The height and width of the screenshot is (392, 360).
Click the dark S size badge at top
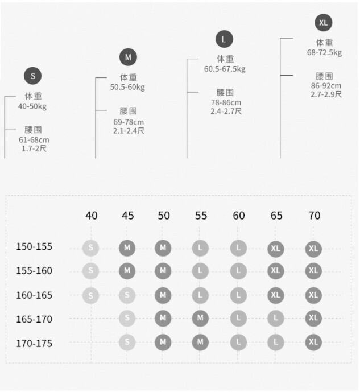pyautogui.click(x=32, y=76)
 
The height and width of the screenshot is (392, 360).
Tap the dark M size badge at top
pyautogui.click(x=128, y=57)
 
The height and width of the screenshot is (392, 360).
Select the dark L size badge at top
pyautogui.click(x=224, y=39)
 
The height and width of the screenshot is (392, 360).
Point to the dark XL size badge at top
pyautogui.click(x=324, y=23)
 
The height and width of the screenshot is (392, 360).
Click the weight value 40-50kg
pyautogui.click(x=32, y=106)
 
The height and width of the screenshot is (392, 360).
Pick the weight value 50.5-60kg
pyautogui.click(x=127, y=87)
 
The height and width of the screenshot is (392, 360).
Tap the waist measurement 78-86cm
pyautogui.click(x=226, y=102)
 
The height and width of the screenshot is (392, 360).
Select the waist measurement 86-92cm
pyautogui.click(x=326, y=86)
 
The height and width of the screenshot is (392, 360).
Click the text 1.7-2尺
pyautogui.click(x=34, y=148)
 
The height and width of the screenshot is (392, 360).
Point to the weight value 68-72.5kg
pyautogui.click(x=324, y=53)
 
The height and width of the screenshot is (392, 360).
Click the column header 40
pyautogui.click(x=91, y=216)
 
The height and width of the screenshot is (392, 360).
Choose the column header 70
pyautogui.click(x=314, y=216)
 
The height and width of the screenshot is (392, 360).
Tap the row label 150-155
pyautogui.click(x=34, y=247)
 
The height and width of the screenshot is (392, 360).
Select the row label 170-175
pyautogui.click(x=34, y=343)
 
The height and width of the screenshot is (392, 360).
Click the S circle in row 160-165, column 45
pyautogui.click(x=127, y=295)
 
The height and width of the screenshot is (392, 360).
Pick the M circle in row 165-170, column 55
pyautogui.click(x=200, y=319)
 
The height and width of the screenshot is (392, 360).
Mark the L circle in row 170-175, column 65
pyautogui.click(x=276, y=343)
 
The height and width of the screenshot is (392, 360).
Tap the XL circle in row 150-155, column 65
pyautogui.click(x=276, y=249)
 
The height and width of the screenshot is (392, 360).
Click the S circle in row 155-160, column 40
pyautogui.click(x=90, y=271)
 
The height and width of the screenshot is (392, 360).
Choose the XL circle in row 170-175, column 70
pyautogui.click(x=313, y=343)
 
